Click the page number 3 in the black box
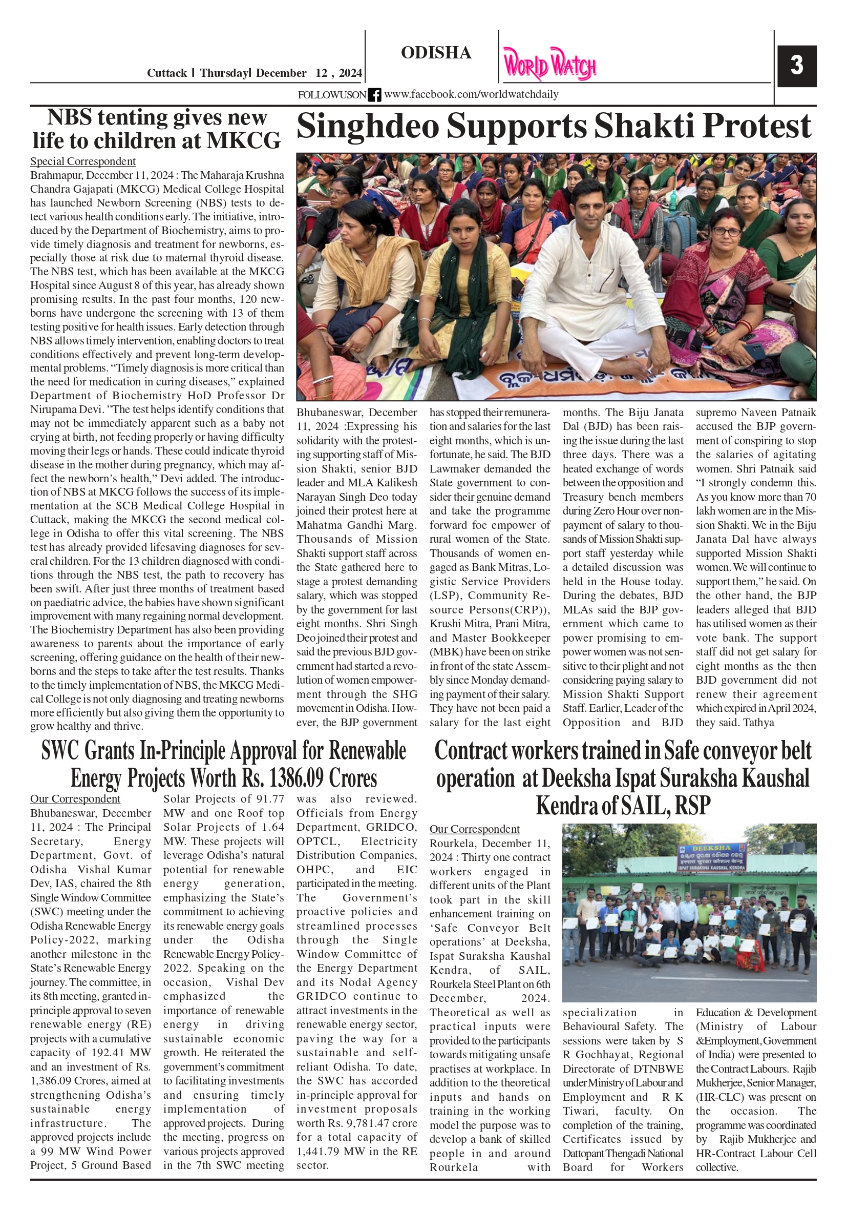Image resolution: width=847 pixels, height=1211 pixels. tap(796, 66)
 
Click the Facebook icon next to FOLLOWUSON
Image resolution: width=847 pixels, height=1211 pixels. tap(374, 95)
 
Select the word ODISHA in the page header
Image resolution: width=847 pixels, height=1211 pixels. tap(436, 53)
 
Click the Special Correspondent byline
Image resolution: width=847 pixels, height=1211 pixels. tap(83, 161)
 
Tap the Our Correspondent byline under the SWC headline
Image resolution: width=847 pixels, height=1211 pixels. tap(75, 799)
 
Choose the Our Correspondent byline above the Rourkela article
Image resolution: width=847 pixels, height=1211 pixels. tap(474, 829)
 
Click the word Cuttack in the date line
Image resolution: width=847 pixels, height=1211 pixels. tap(166, 73)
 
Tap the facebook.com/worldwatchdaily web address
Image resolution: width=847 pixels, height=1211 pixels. tap(471, 94)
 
